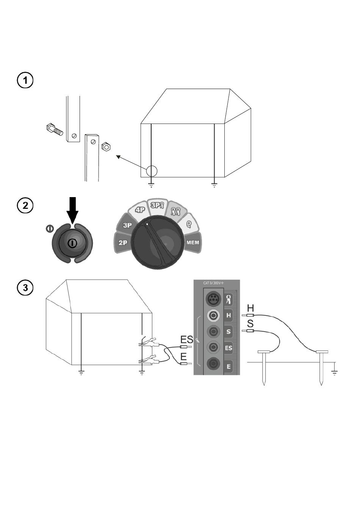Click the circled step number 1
(x=25, y=80)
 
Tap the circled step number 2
(x=25, y=205)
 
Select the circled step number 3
(x=25, y=288)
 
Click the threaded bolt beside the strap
(x=55, y=129)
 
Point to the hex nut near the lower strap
(x=106, y=147)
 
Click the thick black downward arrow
(x=72, y=210)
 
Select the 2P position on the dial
(x=123, y=243)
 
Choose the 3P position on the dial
(x=127, y=225)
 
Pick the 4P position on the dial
(x=139, y=210)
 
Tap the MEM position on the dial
(x=193, y=243)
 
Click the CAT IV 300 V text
(x=213, y=283)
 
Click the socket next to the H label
(x=213, y=315)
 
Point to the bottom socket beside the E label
(x=213, y=364)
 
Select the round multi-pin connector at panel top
(x=213, y=299)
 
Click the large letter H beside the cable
(x=250, y=308)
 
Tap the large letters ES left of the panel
(x=187, y=340)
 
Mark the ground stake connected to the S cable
(x=264, y=368)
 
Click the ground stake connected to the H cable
(x=322, y=368)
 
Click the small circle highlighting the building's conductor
(x=152, y=171)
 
